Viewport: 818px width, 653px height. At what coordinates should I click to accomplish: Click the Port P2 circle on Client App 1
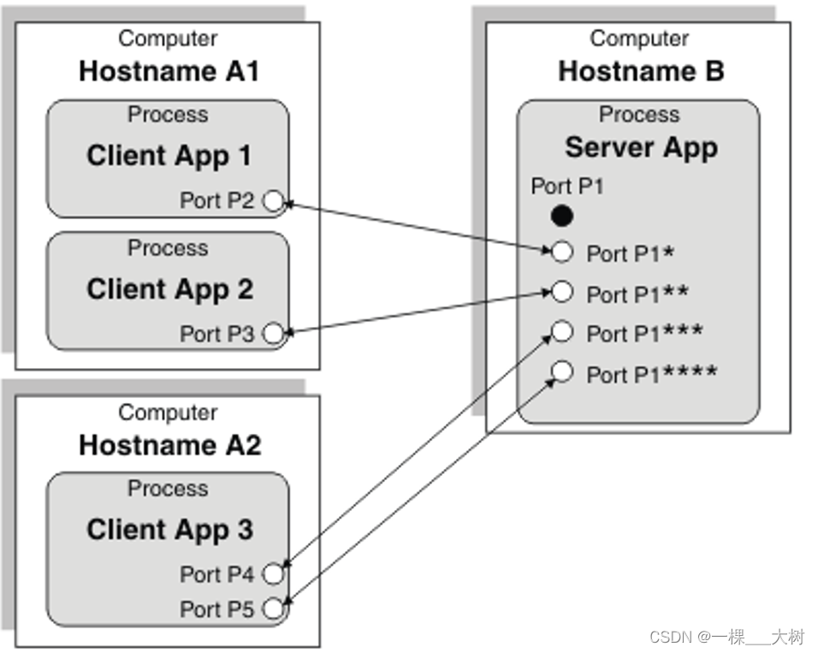[x=273, y=201]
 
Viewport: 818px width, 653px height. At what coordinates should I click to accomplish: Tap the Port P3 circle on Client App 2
[x=273, y=334]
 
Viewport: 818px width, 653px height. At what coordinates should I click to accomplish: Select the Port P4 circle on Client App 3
[x=273, y=573]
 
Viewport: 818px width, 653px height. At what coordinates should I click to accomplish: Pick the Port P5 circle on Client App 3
[x=273, y=609]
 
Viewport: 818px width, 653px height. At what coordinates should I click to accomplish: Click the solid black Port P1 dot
[x=562, y=217]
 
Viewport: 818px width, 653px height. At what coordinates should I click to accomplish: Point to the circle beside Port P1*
[x=562, y=252]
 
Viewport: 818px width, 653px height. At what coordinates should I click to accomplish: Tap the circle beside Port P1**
[x=562, y=292]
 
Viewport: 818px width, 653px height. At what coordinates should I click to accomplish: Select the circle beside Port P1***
[x=562, y=331]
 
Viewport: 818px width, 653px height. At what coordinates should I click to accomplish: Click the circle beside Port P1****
[x=562, y=371]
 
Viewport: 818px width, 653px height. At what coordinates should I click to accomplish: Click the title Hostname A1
[x=169, y=72]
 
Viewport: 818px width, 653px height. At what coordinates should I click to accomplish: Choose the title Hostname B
[x=641, y=72]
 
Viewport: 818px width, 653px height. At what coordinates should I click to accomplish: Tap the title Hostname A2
[x=169, y=446]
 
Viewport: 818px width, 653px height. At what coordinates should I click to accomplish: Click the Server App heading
[x=641, y=147]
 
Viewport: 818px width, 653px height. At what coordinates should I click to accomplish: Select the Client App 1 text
[x=169, y=156]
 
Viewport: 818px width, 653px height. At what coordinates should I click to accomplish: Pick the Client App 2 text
[x=169, y=289]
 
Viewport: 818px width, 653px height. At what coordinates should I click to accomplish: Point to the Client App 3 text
[x=169, y=530]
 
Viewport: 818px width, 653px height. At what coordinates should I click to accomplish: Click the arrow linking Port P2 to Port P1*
[x=418, y=227]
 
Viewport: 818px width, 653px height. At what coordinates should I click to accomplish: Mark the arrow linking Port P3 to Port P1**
[x=418, y=312]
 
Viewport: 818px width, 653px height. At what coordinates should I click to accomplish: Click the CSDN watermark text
[x=726, y=637]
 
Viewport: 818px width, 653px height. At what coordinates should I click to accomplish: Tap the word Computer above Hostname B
[x=639, y=39]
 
